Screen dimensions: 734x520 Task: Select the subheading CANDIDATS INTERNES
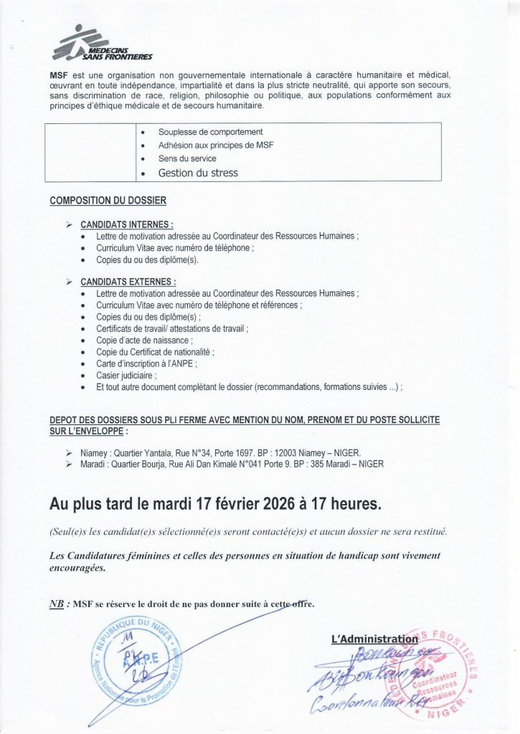point(127,224)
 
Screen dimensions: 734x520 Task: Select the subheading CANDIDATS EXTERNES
point(128,282)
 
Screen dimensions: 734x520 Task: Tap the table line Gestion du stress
point(198,173)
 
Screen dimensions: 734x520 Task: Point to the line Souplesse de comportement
point(210,132)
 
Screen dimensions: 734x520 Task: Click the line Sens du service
point(187,158)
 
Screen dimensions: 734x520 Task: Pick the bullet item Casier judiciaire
point(126,375)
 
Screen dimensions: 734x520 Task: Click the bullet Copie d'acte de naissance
point(144,340)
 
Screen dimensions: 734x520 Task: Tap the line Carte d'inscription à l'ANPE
point(150,363)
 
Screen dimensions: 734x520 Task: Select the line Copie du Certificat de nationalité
point(155,352)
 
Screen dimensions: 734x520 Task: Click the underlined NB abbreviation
point(55,604)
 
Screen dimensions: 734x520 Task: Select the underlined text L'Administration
point(374,639)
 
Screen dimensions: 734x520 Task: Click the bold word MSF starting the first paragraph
point(59,75)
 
